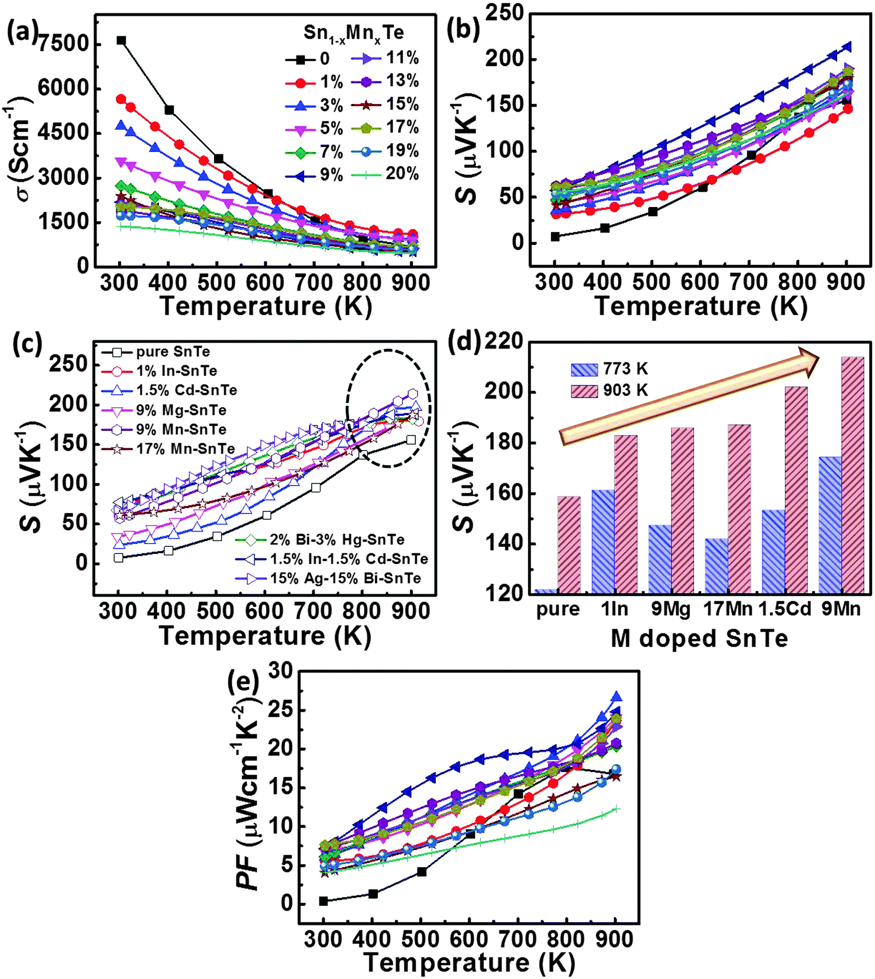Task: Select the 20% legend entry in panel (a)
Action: pos(384,174)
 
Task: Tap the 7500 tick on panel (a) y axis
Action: pos(63,44)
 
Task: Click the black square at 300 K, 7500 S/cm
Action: pos(121,40)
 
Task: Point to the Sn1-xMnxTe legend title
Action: pos(353,33)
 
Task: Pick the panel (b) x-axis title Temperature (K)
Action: pos(701,306)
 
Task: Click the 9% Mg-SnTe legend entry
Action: pos(163,410)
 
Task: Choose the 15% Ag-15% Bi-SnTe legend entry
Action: pos(328,578)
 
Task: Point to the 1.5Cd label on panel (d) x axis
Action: pos(784,609)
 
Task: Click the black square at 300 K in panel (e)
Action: pos(323,901)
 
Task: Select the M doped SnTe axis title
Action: pos(699,639)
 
